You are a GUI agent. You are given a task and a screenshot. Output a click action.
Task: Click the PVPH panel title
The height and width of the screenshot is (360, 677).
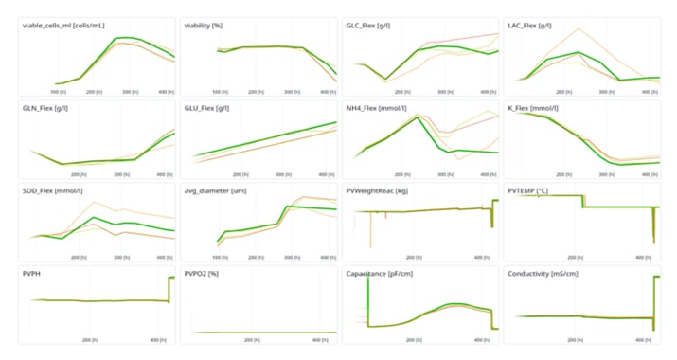34,273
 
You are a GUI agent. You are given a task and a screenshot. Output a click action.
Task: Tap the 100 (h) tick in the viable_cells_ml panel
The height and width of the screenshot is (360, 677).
58,92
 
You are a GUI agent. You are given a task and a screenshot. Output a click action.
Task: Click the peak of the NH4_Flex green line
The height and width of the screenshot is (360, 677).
420,117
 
